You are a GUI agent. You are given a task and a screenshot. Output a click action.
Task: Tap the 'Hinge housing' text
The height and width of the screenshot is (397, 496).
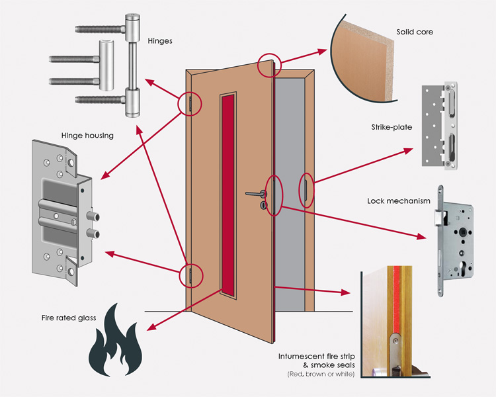87,136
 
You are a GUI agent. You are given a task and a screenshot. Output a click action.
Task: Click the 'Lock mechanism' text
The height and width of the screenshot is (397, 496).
398,200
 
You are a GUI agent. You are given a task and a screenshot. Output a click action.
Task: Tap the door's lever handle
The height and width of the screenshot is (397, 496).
254,194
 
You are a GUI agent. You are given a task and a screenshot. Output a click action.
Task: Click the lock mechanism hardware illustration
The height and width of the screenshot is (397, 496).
455,251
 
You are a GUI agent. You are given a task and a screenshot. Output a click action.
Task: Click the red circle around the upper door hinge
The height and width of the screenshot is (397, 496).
190,103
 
